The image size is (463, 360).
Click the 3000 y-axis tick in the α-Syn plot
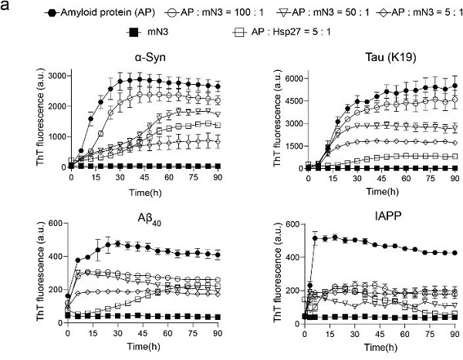click(x=54, y=74)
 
